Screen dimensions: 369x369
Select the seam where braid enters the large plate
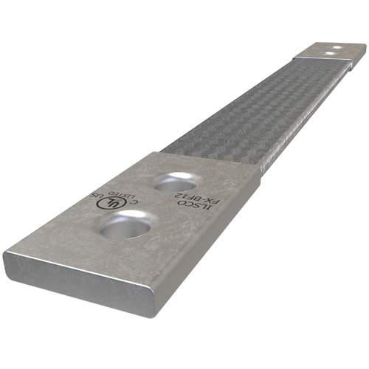click(210, 158)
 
